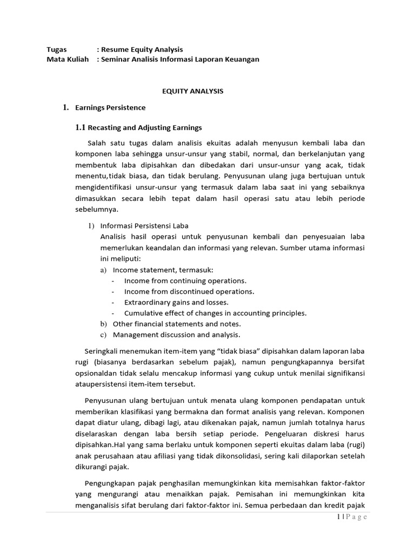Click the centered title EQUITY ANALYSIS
(192, 91)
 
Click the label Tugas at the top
(57, 49)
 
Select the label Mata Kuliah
(68, 59)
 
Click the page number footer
(350, 517)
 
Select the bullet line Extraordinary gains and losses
(176, 302)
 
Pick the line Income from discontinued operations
(189, 291)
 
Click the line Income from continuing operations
(185, 280)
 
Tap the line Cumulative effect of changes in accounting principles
(215, 313)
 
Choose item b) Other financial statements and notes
(176, 323)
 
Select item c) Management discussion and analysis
(176, 334)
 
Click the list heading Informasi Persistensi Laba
(144, 226)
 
